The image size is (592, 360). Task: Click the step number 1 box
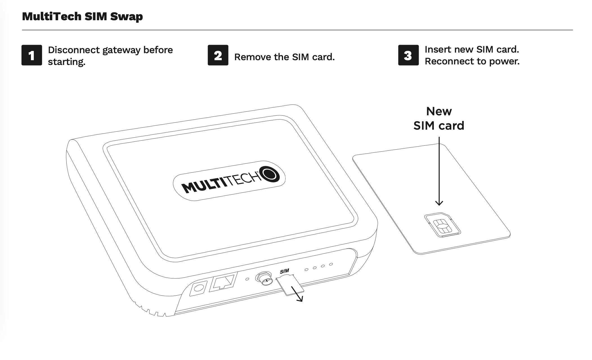[32, 55]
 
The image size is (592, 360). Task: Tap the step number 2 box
[218, 55]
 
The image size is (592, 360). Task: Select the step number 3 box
[408, 55]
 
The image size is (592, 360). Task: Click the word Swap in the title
[126, 17]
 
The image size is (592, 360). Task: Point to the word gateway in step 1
[121, 50]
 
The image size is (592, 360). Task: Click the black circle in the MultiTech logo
[270, 174]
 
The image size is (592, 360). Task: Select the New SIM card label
[439, 119]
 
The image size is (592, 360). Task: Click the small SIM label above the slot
[284, 271]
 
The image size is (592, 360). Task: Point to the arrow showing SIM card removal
[297, 294]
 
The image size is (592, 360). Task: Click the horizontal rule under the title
[297, 30]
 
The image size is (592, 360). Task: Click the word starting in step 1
[66, 62]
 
